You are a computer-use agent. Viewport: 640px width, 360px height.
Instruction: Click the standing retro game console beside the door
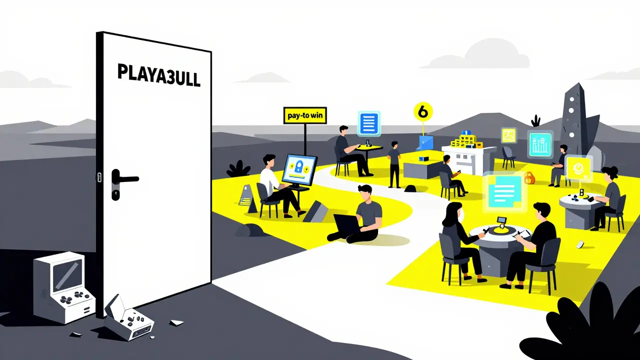tap(64, 288)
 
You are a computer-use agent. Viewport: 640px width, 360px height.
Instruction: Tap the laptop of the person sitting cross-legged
tap(347, 224)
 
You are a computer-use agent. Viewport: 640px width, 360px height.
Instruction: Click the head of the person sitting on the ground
tap(365, 193)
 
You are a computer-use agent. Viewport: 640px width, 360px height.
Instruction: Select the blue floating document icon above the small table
tap(369, 123)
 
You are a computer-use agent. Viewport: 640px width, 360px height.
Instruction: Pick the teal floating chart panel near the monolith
tap(540, 144)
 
